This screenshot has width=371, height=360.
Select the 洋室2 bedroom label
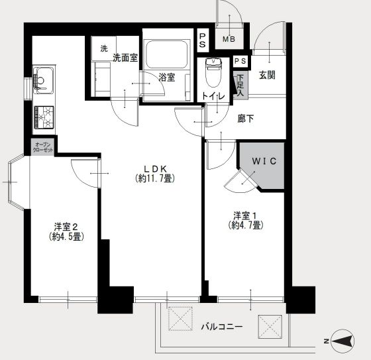point(65,225)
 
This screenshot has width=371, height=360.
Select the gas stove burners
point(45,117)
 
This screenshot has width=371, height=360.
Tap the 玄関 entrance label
point(268,74)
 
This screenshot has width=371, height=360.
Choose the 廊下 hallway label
point(246,119)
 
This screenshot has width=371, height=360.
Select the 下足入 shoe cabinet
point(240,86)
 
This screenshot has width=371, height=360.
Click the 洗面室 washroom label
point(125,57)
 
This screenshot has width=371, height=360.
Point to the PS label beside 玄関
point(240,62)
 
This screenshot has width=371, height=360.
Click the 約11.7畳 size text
point(154,178)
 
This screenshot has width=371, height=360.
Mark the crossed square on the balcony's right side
point(269,326)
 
